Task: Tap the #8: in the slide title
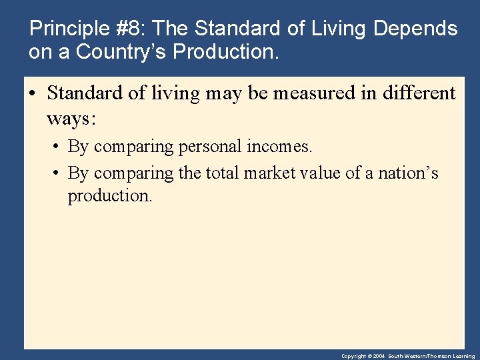[x=131, y=29]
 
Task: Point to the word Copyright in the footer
[x=353, y=357]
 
